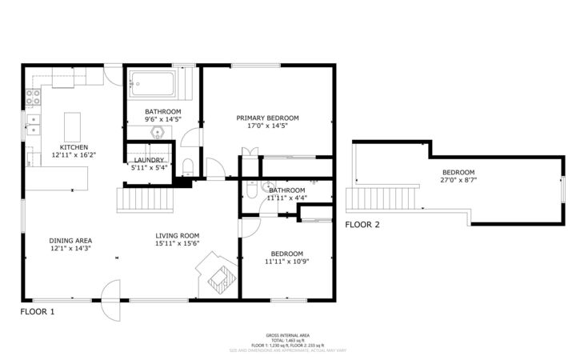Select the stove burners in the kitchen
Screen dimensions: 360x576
pyautogui.click(x=34, y=98)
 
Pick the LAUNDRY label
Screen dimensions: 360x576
pyautogui.click(x=149, y=160)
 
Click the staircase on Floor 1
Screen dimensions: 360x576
pyautogui.click(x=146, y=198)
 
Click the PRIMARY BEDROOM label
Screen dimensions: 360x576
pyautogui.click(x=266, y=118)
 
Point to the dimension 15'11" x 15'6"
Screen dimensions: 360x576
pyautogui.click(x=177, y=244)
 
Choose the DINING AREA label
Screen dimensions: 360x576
pyautogui.click(x=70, y=240)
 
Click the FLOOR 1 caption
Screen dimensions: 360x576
pyautogui.click(x=37, y=311)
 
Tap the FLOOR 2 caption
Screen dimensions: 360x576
pyautogui.click(x=362, y=225)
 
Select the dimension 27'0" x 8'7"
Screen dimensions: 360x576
pyautogui.click(x=458, y=181)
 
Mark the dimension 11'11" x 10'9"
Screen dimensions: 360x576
pyautogui.click(x=286, y=261)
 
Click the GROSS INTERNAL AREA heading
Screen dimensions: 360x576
pyautogui.click(x=288, y=334)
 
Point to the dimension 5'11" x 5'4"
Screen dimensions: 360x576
pyautogui.click(x=149, y=168)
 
